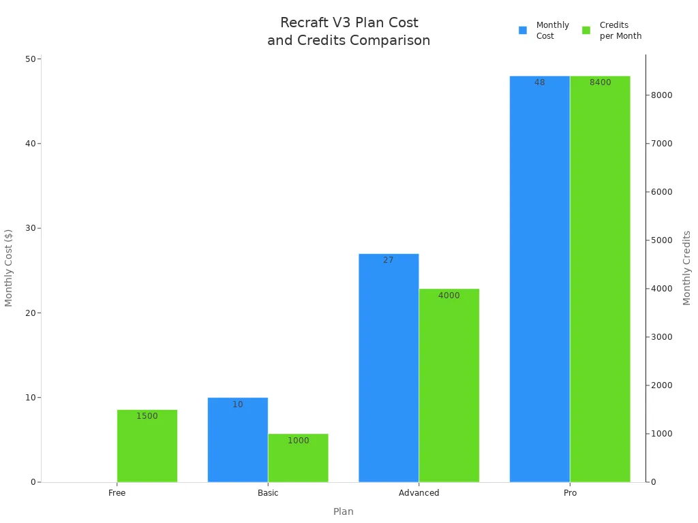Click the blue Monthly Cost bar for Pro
click(539, 279)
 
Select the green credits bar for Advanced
click(449, 385)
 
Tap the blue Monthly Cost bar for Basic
click(237, 440)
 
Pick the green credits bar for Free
click(147, 446)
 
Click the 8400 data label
click(600, 82)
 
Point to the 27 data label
click(388, 260)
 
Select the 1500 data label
click(147, 416)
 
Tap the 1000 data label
click(298, 441)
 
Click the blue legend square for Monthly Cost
click(523, 30)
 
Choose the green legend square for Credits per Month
click(586, 30)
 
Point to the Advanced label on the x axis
click(419, 493)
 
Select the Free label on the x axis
click(117, 493)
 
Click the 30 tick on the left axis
click(31, 228)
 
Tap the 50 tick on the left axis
click(31, 59)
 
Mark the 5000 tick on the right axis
click(663, 240)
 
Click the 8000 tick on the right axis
click(663, 95)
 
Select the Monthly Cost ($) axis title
click(9, 268)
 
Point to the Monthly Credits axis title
click(686, 268)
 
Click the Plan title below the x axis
click(343, 511)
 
